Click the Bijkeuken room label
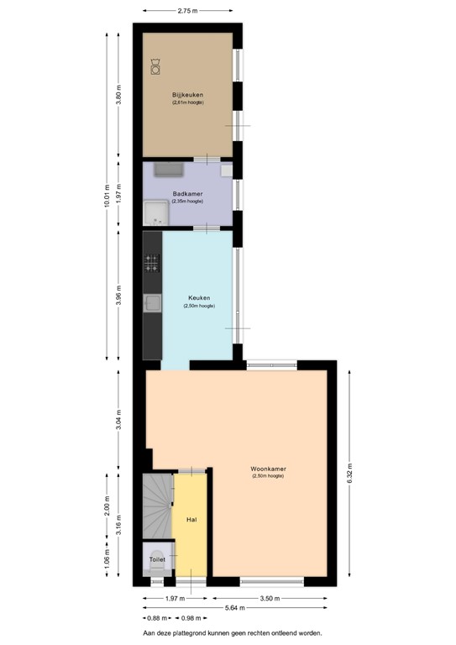coord(187,95)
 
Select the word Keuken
coord(198,298)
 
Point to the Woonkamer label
coord(267,469)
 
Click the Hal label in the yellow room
coord(191,520)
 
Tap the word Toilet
coord(157,558)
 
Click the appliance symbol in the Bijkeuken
coord(156,65)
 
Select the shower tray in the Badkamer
coord(155,214)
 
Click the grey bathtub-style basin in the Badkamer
coord(169,170)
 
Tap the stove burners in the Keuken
coord(152,264)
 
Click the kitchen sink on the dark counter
coord(153,303)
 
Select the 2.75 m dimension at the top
coord(187,11)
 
